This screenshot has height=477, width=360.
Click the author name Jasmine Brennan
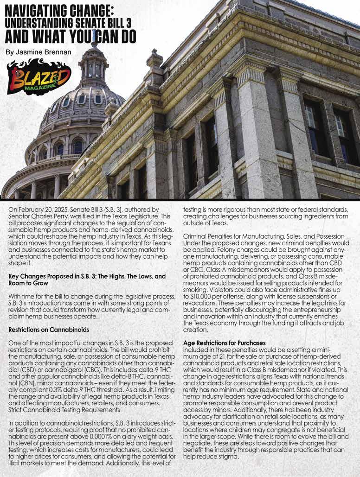click(x=39, y=52)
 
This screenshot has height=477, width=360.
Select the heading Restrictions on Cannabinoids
click(x=49, y=330)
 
